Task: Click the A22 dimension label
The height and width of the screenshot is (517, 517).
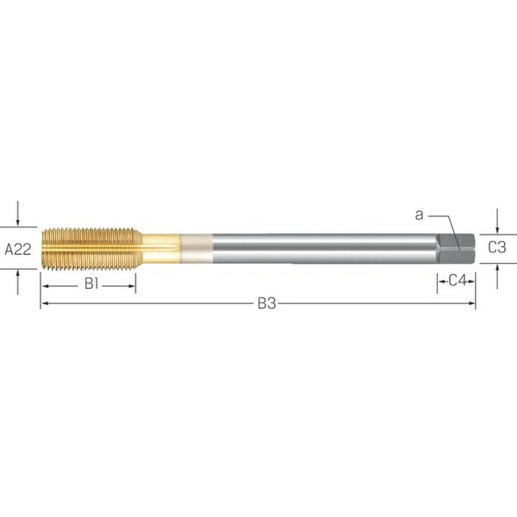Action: coord(18,250)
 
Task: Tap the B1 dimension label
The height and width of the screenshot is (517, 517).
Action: coord(91,283)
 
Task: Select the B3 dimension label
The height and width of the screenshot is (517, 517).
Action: coord(266,303)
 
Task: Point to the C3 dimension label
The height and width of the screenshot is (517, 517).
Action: coord(497,247)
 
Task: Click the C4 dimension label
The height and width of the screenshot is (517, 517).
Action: coord(458,281)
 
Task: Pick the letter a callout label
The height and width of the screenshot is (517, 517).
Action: coord(419,215)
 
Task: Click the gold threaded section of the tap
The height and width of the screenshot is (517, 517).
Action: coord(92,249)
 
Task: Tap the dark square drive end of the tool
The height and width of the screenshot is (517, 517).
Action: coord(456,249)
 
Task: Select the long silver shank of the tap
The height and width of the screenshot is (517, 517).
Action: coord(325,249)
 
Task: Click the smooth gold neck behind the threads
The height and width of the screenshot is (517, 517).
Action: coord(162,249)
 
